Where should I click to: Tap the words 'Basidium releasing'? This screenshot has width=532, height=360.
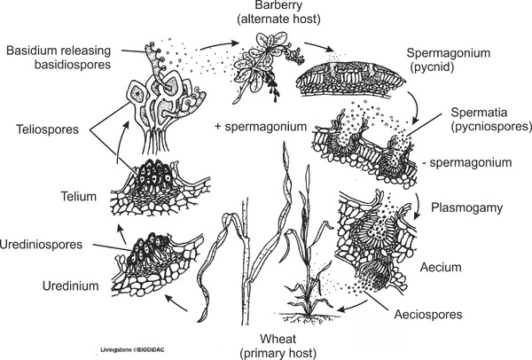pyautogui.click(x=61, y=51)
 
